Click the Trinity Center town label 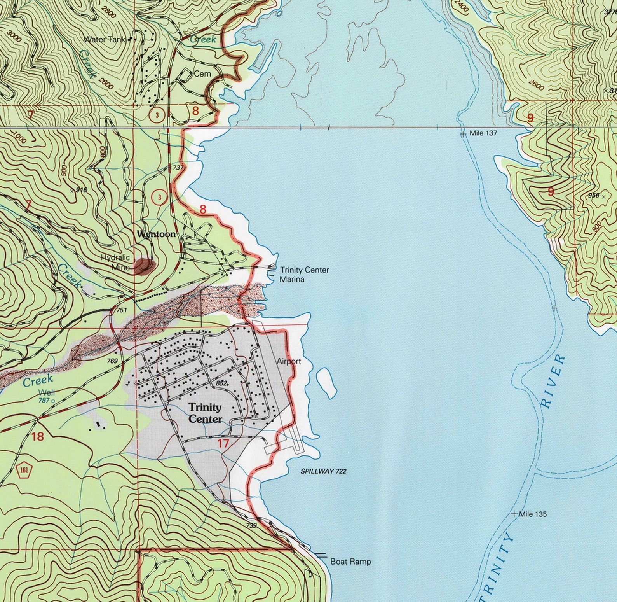coord(206,413)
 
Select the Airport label coord(289,361)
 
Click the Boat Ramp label coord(350,562)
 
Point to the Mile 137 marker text coord(483,133)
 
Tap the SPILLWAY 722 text coord(323,471)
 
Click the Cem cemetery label coord(202,74)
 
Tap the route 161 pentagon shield coord(24,471)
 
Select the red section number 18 coord(38,436)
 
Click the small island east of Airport coord(326,383)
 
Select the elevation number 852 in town coord(221,383)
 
